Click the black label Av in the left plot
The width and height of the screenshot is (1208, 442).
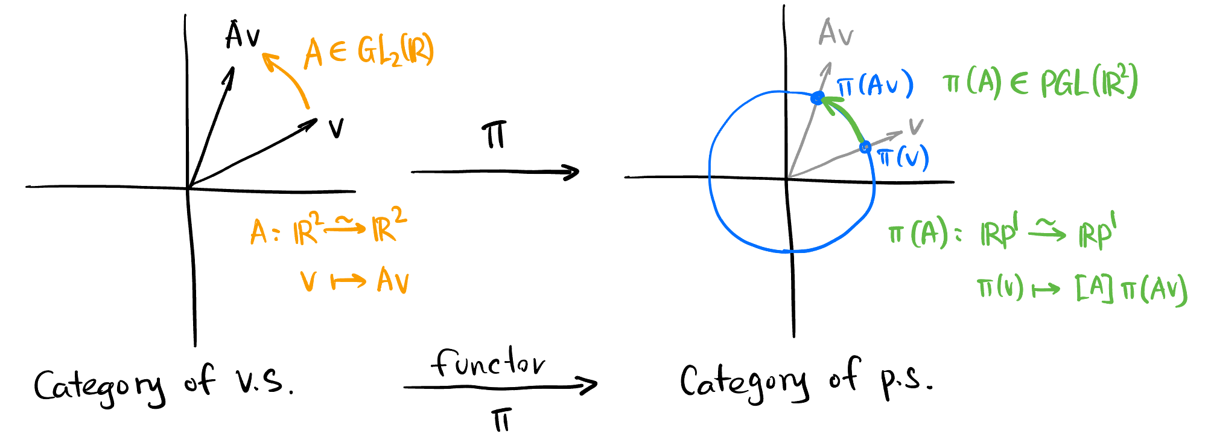(x=243, y=35)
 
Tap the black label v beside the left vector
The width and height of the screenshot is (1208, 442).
(x=336, y=128)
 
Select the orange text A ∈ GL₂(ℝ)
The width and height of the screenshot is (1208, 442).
(x=369, y=52)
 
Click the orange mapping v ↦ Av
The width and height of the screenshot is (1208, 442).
(x=355, y=281)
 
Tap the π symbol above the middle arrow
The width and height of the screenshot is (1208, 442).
(x=494, y=136)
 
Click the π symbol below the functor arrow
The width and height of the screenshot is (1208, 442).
(x=501, y=420)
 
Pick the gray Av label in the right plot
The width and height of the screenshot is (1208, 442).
(x=836, y=33)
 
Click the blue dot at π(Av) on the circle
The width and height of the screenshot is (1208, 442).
(x=818, y=98)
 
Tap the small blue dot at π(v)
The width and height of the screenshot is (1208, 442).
(x=865, y=147)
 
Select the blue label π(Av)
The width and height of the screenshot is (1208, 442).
(x=875, y=86)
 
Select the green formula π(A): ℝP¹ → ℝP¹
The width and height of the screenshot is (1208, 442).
(x=1002, y=232)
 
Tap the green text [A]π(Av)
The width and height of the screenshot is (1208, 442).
(x=1131, y=290)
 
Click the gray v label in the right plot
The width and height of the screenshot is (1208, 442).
(x=916, y=126)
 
